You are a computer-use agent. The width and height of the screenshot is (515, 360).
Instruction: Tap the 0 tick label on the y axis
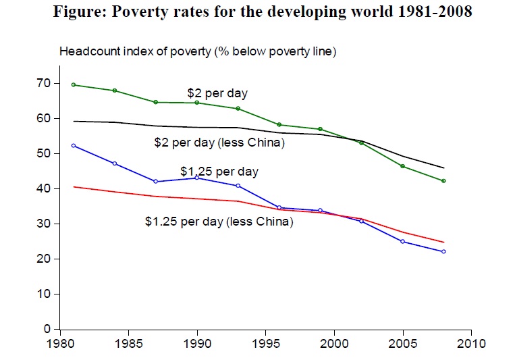(47, 329)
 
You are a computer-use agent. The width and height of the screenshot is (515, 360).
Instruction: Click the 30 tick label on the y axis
(44, 224)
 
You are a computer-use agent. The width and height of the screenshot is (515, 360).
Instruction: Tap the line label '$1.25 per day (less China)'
(219, 220)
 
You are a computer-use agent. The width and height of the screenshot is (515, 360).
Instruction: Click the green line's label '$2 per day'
(217, 93)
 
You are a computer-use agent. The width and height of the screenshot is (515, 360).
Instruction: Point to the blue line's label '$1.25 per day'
(219, 172)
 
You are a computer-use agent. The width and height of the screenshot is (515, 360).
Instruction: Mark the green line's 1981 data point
(73, 84)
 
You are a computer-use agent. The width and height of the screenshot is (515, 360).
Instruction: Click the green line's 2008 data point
(443, 181)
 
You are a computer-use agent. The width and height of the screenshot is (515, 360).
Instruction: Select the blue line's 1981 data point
(73, 145)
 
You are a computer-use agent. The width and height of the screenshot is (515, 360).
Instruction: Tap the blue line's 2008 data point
(443, 251)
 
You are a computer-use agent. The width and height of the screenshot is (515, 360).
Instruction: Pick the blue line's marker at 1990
(196, 177)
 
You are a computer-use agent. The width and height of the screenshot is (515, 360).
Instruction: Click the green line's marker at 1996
(279, 124)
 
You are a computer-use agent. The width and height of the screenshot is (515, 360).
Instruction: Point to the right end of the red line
(443, 242)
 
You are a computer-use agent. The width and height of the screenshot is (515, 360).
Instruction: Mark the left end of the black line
(73, 121)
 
